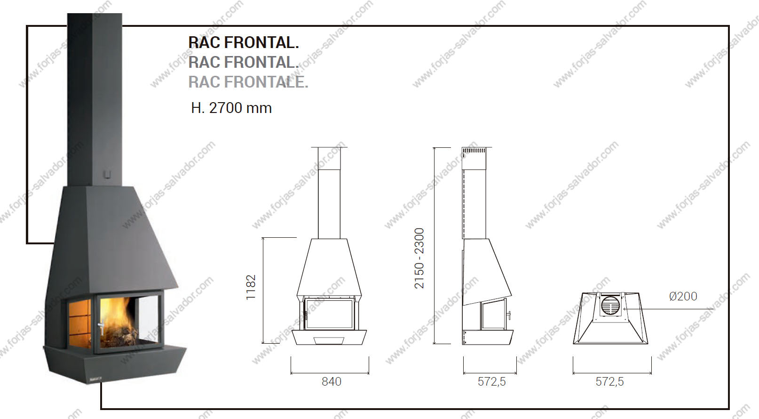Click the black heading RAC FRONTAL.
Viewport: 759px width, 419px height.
243,42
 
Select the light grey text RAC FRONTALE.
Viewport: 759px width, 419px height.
248,82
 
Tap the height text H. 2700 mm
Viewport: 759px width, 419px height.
231,108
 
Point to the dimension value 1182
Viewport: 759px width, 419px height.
251,287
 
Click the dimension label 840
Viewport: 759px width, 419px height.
332,382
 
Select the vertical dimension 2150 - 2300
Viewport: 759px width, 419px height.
419,258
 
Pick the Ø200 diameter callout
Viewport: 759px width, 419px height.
683,296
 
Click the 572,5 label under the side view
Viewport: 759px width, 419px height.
491,382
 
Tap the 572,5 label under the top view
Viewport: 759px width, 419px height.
609,382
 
